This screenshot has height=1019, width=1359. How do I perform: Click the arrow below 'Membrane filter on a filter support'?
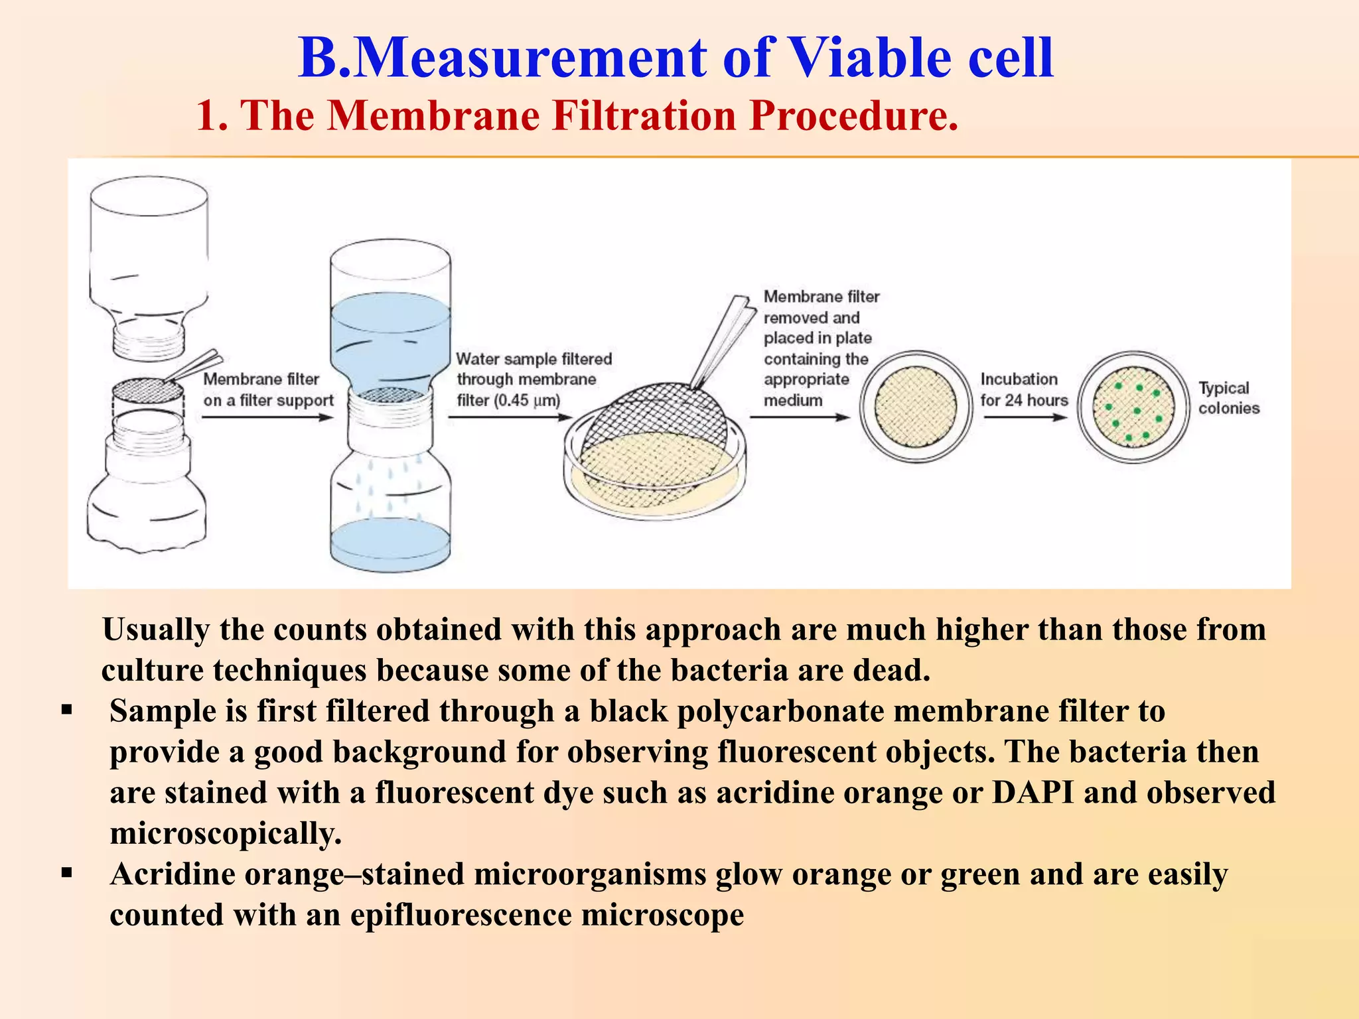pyautogui.click(x=267, y=417)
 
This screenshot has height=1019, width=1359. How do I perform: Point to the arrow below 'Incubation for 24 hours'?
pyautogui.click(x=1025, y=417)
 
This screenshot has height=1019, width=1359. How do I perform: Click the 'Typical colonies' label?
pyautogui.click(x=1228, y=398)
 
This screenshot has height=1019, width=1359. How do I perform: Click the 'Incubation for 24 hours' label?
pyautogui.click(x=1024, y=389)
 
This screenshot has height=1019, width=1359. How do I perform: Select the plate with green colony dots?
pyautogui.click(x=1133, y=407)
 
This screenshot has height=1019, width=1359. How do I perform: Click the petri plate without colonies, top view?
pyautogui.click(x=916, y=407)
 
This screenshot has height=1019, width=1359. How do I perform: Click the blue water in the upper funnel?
pyautogui.click(x=390, y=332)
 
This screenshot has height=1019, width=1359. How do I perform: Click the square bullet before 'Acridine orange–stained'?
pyautogui.click(x=66, y=872)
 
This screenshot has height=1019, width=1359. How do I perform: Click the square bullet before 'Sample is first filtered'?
pyautogui.click(x=66, y=711)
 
